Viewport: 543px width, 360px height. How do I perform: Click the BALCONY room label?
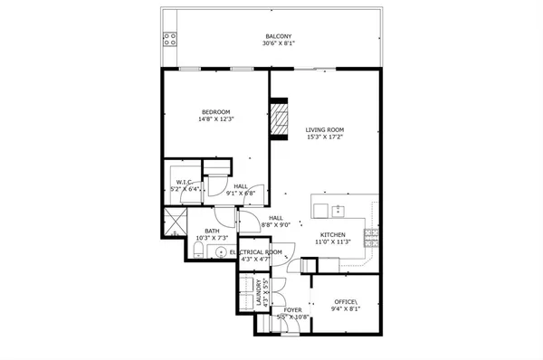(278, 37)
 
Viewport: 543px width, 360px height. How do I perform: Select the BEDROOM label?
(215, 111)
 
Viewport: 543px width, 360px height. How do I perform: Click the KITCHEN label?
(332, 234)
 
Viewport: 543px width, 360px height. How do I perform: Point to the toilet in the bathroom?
(197, 249)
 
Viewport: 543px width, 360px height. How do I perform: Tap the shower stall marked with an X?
(172, 221)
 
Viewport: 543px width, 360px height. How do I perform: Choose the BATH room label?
(212, 231)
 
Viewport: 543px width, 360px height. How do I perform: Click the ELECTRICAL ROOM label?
(256, 251)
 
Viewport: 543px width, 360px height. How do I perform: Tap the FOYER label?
(292, 309)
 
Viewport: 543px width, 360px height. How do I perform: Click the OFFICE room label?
(347, 301)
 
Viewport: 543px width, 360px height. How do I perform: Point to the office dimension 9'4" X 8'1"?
(347, 309)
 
